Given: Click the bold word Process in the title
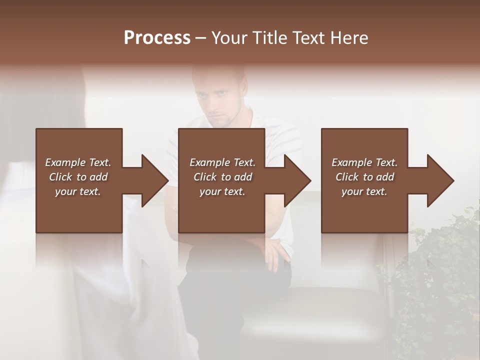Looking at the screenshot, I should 157,38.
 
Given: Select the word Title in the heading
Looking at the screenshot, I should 266,38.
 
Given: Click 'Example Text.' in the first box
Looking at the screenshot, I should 78,162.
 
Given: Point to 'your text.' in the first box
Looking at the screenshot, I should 78,191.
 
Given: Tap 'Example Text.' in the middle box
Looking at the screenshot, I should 222,162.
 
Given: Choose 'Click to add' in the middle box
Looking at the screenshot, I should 222,177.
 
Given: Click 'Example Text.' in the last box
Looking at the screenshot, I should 364,162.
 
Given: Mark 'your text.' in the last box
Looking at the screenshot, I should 364,191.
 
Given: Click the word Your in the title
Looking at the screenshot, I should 228,38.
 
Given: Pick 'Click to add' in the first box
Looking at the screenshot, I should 78,177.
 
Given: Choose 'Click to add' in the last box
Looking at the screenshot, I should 364,177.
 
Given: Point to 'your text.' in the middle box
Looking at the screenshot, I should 222,191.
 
